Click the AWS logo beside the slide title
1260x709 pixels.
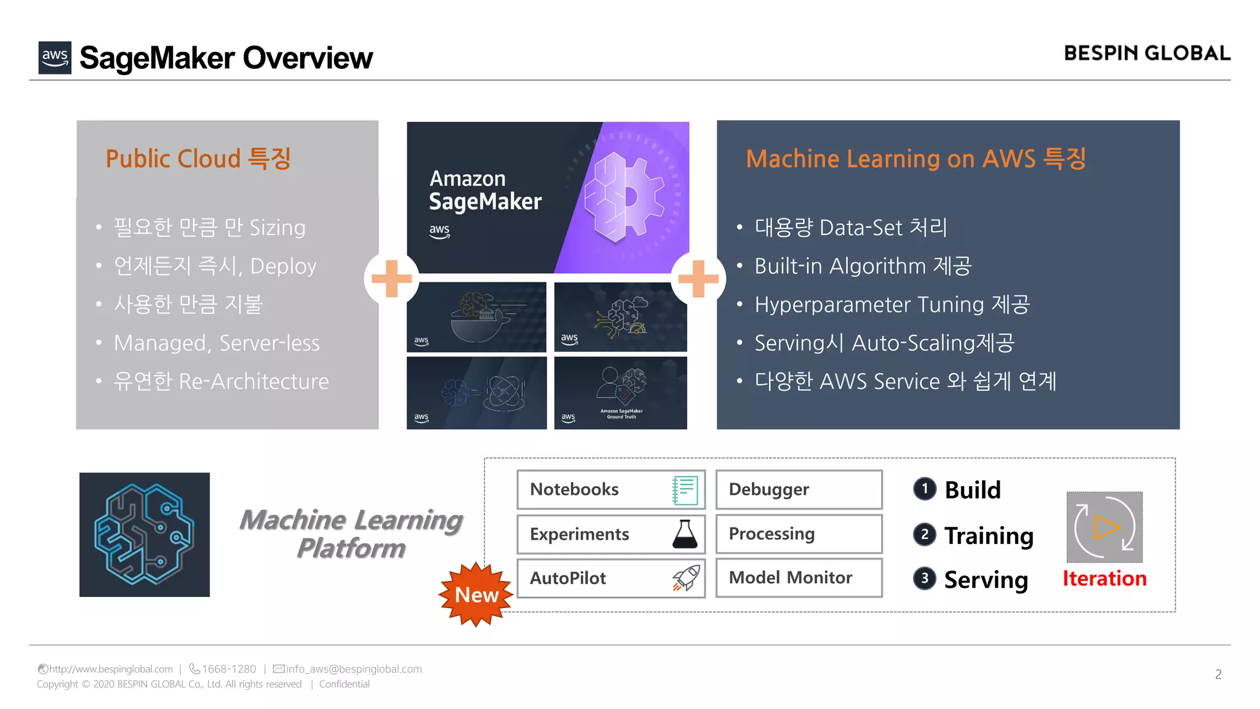55,58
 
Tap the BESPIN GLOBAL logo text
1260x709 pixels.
1147,54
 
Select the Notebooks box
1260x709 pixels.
610,489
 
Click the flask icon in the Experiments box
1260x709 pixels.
685,534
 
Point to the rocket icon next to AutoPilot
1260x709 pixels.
686,578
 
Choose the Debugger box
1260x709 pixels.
799,489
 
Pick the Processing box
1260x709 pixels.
799,534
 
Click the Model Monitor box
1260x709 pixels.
799,578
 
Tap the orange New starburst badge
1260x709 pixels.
476,595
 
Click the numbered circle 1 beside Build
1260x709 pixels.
925,489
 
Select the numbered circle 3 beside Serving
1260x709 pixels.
925,579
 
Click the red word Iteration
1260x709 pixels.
1104,579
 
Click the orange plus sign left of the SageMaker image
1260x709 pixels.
391,278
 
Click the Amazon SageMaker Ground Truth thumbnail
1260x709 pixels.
620,393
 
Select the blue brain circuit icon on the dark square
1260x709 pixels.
145,534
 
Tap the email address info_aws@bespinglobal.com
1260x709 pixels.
354,669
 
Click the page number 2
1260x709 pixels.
1218,675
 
